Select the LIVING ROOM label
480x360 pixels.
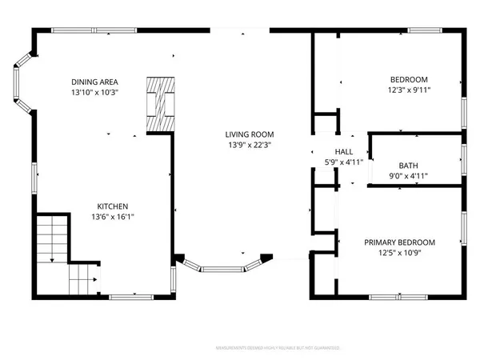pyautogui.click(x=250, y=134)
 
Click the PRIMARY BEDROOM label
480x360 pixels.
pyautogui.click(x=399, y=242)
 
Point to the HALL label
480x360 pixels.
pyautogui.click(x=343, y=151)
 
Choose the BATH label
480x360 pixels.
pyautogui.click(x=409, y=165)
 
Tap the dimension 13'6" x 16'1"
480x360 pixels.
pyautogui.click(x=113, y=216)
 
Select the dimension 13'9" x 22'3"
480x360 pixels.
pyautogui.click(x=250, y=145)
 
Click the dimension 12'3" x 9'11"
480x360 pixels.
pyautogui.click(x=409, y=90)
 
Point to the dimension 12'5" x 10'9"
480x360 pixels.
pyautogui.click(x=399, y=254)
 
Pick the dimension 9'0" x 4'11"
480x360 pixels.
pyautogui.click(x=409, y=176)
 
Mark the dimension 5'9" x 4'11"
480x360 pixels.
pyautogui.click(x=343, y=162)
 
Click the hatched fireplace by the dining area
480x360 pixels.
pyautogui.click(x=159, y=105)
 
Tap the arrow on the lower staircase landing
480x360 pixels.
pyautogui.click(x=94, y=280)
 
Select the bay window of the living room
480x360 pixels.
pyautogui.click(x=223, y=269)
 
